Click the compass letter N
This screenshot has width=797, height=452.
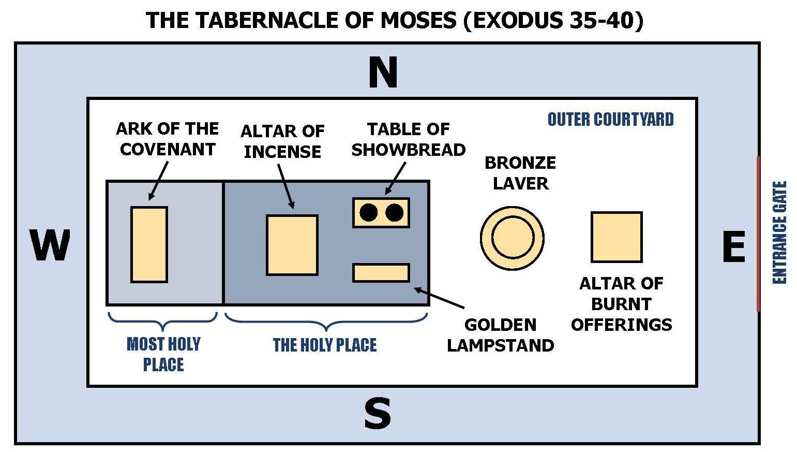[383, 72]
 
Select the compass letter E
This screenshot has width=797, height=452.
[733, 247]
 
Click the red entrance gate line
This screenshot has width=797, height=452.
[758, 233]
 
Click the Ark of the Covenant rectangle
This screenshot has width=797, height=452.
[149, 244]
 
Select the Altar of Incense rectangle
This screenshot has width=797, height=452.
[292, 244]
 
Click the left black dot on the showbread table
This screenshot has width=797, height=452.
[368, 212]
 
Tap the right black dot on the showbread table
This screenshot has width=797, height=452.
[395, 212]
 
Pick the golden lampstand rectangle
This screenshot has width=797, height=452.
[381, 272]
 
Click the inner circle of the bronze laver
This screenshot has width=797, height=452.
[512, 238]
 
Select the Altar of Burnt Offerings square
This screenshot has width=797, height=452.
[616, 237]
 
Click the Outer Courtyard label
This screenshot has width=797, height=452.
[610, 120]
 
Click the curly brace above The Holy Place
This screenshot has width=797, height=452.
[326, 321]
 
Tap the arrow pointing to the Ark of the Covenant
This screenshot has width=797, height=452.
[158, 180]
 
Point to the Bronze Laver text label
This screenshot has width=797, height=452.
[520, 173]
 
